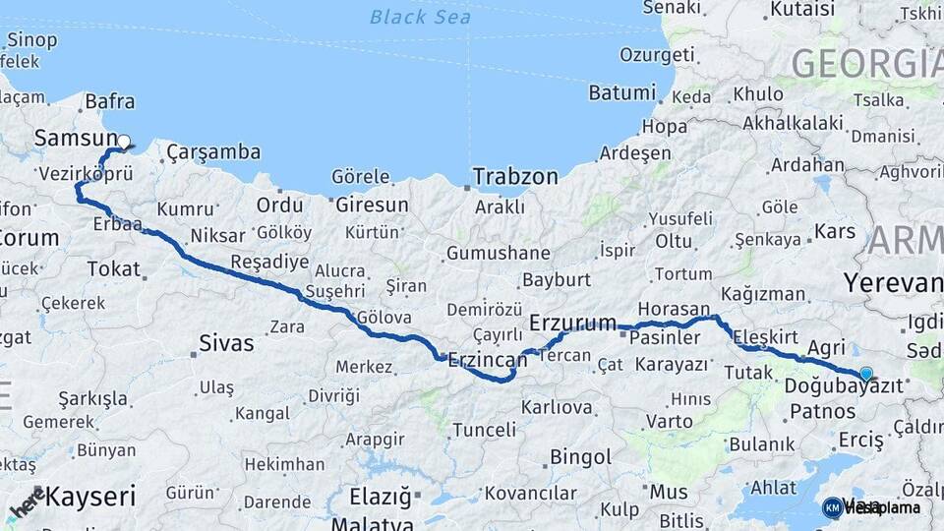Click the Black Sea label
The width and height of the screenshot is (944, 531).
(x=420, y=17)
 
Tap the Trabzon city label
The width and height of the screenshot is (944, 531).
(x=515, y=177)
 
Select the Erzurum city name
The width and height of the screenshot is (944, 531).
(x=572, y=323)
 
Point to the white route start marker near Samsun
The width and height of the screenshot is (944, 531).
(x=124, y=142)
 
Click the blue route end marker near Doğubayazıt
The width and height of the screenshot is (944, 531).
(x=865, y=374)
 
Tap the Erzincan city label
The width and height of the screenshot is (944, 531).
(x=488, y=361)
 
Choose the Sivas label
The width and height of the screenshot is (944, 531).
(x=226, y=343)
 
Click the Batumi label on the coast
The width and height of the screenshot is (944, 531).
(x=621, y=93)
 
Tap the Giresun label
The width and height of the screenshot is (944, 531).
(x=372, y=206)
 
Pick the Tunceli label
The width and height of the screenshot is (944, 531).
(x=484, y=430)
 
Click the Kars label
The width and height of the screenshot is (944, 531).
(x=836, y=233)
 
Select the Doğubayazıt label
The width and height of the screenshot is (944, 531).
(x=843, y=386)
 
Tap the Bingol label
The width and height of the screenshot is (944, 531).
(x=580, y=457)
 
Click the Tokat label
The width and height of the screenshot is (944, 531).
(x=114, y=268)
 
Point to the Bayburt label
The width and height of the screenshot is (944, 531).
(x=557, y=279)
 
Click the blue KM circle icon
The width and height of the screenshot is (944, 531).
(x=833, y=507)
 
